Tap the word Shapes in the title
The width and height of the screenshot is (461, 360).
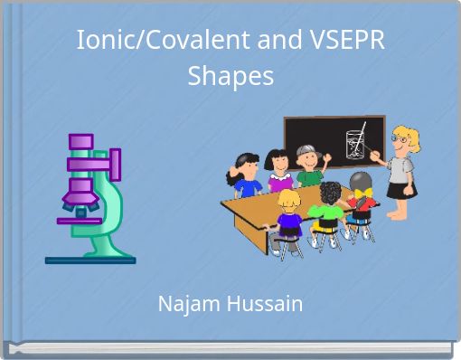pos(230,77)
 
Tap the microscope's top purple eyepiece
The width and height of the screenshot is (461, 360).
pos(81,141)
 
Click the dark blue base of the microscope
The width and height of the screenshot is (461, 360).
pos(90,261)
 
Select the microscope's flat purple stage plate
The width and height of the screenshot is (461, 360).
pos(80,220)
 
